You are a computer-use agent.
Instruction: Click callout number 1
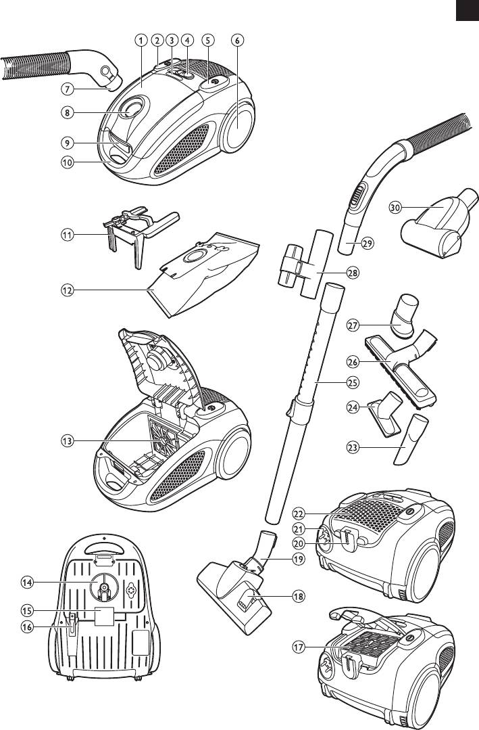click(x=140, y=40)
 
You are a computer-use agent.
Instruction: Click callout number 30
click(x=397, y=206)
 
